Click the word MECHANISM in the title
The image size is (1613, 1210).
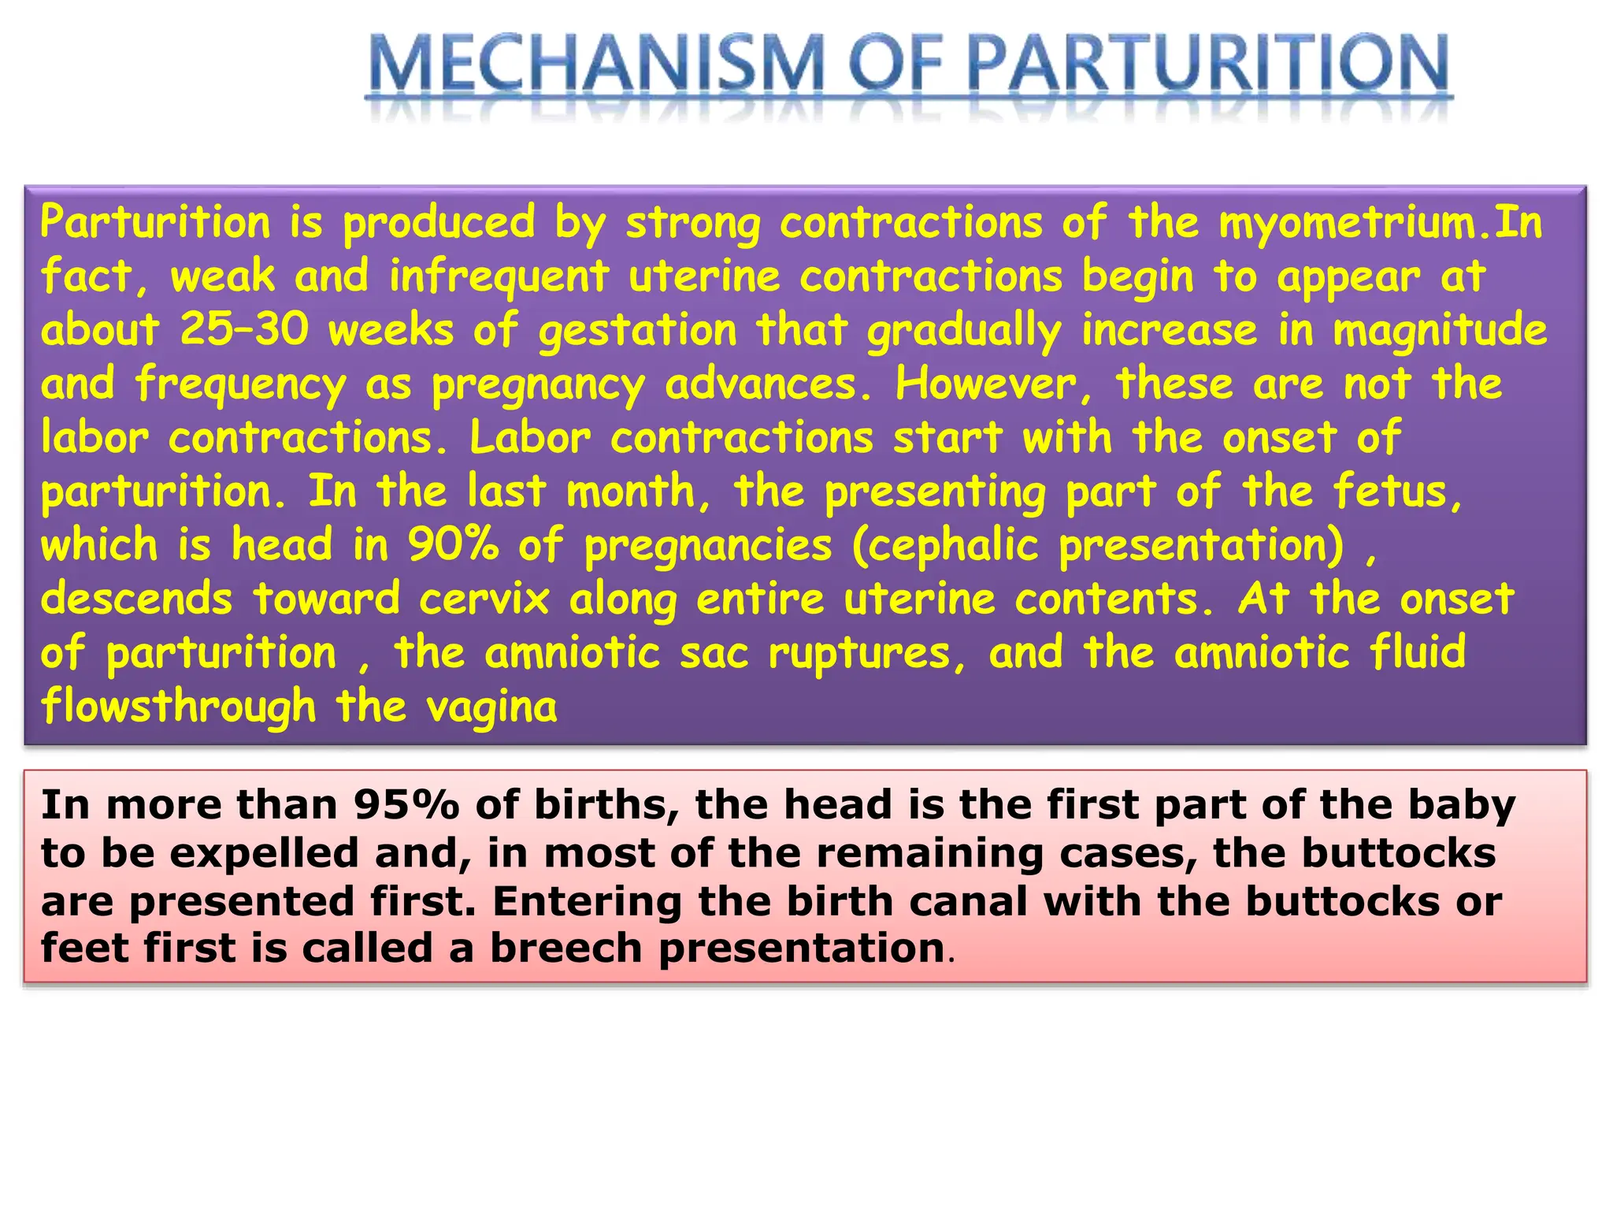(x=595, y=65)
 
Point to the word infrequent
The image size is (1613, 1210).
(x=499, y=277)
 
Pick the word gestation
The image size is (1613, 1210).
(x=638, y=331)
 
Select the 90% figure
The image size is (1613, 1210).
(x=453, y=544)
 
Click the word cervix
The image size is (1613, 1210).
(x=484, y=599)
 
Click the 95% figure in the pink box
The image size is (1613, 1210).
(x=406, y=805)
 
